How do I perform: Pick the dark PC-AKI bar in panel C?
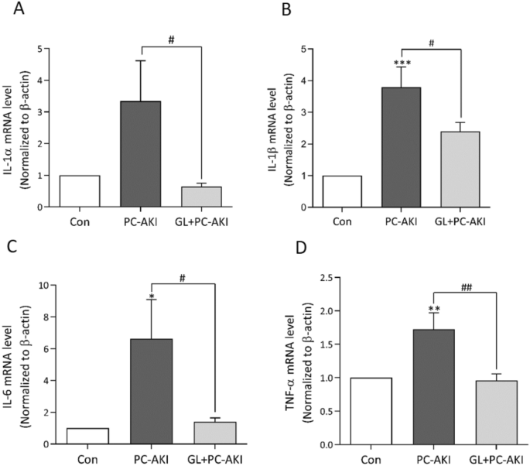[151, 392]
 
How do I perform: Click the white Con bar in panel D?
[372, 411]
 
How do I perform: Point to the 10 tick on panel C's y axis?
[46, 286]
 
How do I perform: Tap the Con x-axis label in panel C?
[87, 459]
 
